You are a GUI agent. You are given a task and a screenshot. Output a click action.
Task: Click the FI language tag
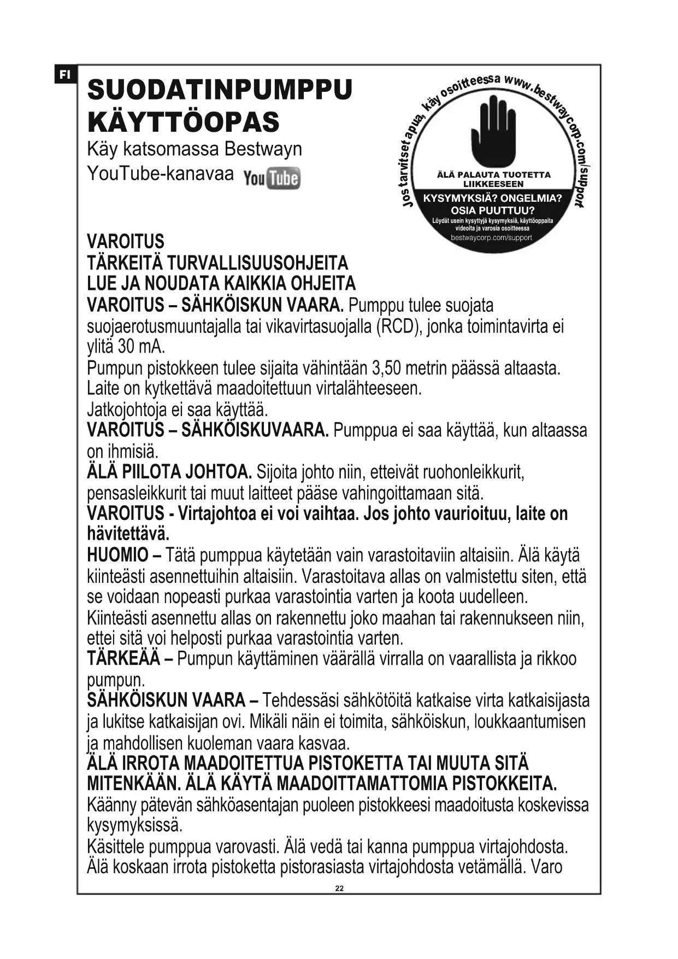65,74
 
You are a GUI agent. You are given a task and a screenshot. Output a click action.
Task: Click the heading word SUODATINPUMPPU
220,90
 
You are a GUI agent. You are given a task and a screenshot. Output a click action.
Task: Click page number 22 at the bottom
339,888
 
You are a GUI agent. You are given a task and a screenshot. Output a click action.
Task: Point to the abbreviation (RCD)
399,326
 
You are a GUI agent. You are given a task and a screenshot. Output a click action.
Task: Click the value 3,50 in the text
386,368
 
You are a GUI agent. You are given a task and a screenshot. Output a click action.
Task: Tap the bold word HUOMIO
117,555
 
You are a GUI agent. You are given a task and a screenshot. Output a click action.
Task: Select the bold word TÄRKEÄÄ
123,659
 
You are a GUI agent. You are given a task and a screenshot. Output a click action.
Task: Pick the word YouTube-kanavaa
160,174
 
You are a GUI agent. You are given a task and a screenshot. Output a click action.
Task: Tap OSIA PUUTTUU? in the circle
492,210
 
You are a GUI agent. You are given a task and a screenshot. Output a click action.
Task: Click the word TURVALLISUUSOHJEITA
257,263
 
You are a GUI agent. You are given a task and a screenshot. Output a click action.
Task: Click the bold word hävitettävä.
128,534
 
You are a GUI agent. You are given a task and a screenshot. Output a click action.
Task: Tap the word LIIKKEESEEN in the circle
493,184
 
